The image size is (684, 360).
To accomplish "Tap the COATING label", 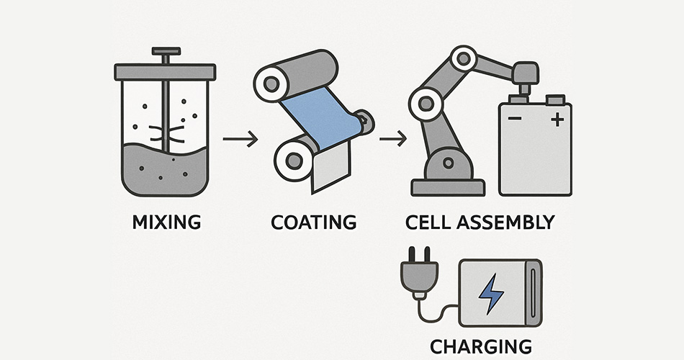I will point(313,222).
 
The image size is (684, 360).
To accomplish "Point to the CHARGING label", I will point(481,346).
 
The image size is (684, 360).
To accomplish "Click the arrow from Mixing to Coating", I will point(240,139).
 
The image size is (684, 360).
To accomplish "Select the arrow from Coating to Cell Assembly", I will point(392,139).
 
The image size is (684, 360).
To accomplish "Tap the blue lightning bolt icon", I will point(492,294).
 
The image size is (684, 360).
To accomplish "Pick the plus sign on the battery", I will point(557,120).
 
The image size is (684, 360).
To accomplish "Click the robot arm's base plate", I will point(447,188).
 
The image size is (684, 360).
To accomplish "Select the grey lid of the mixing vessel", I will point(165,72).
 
